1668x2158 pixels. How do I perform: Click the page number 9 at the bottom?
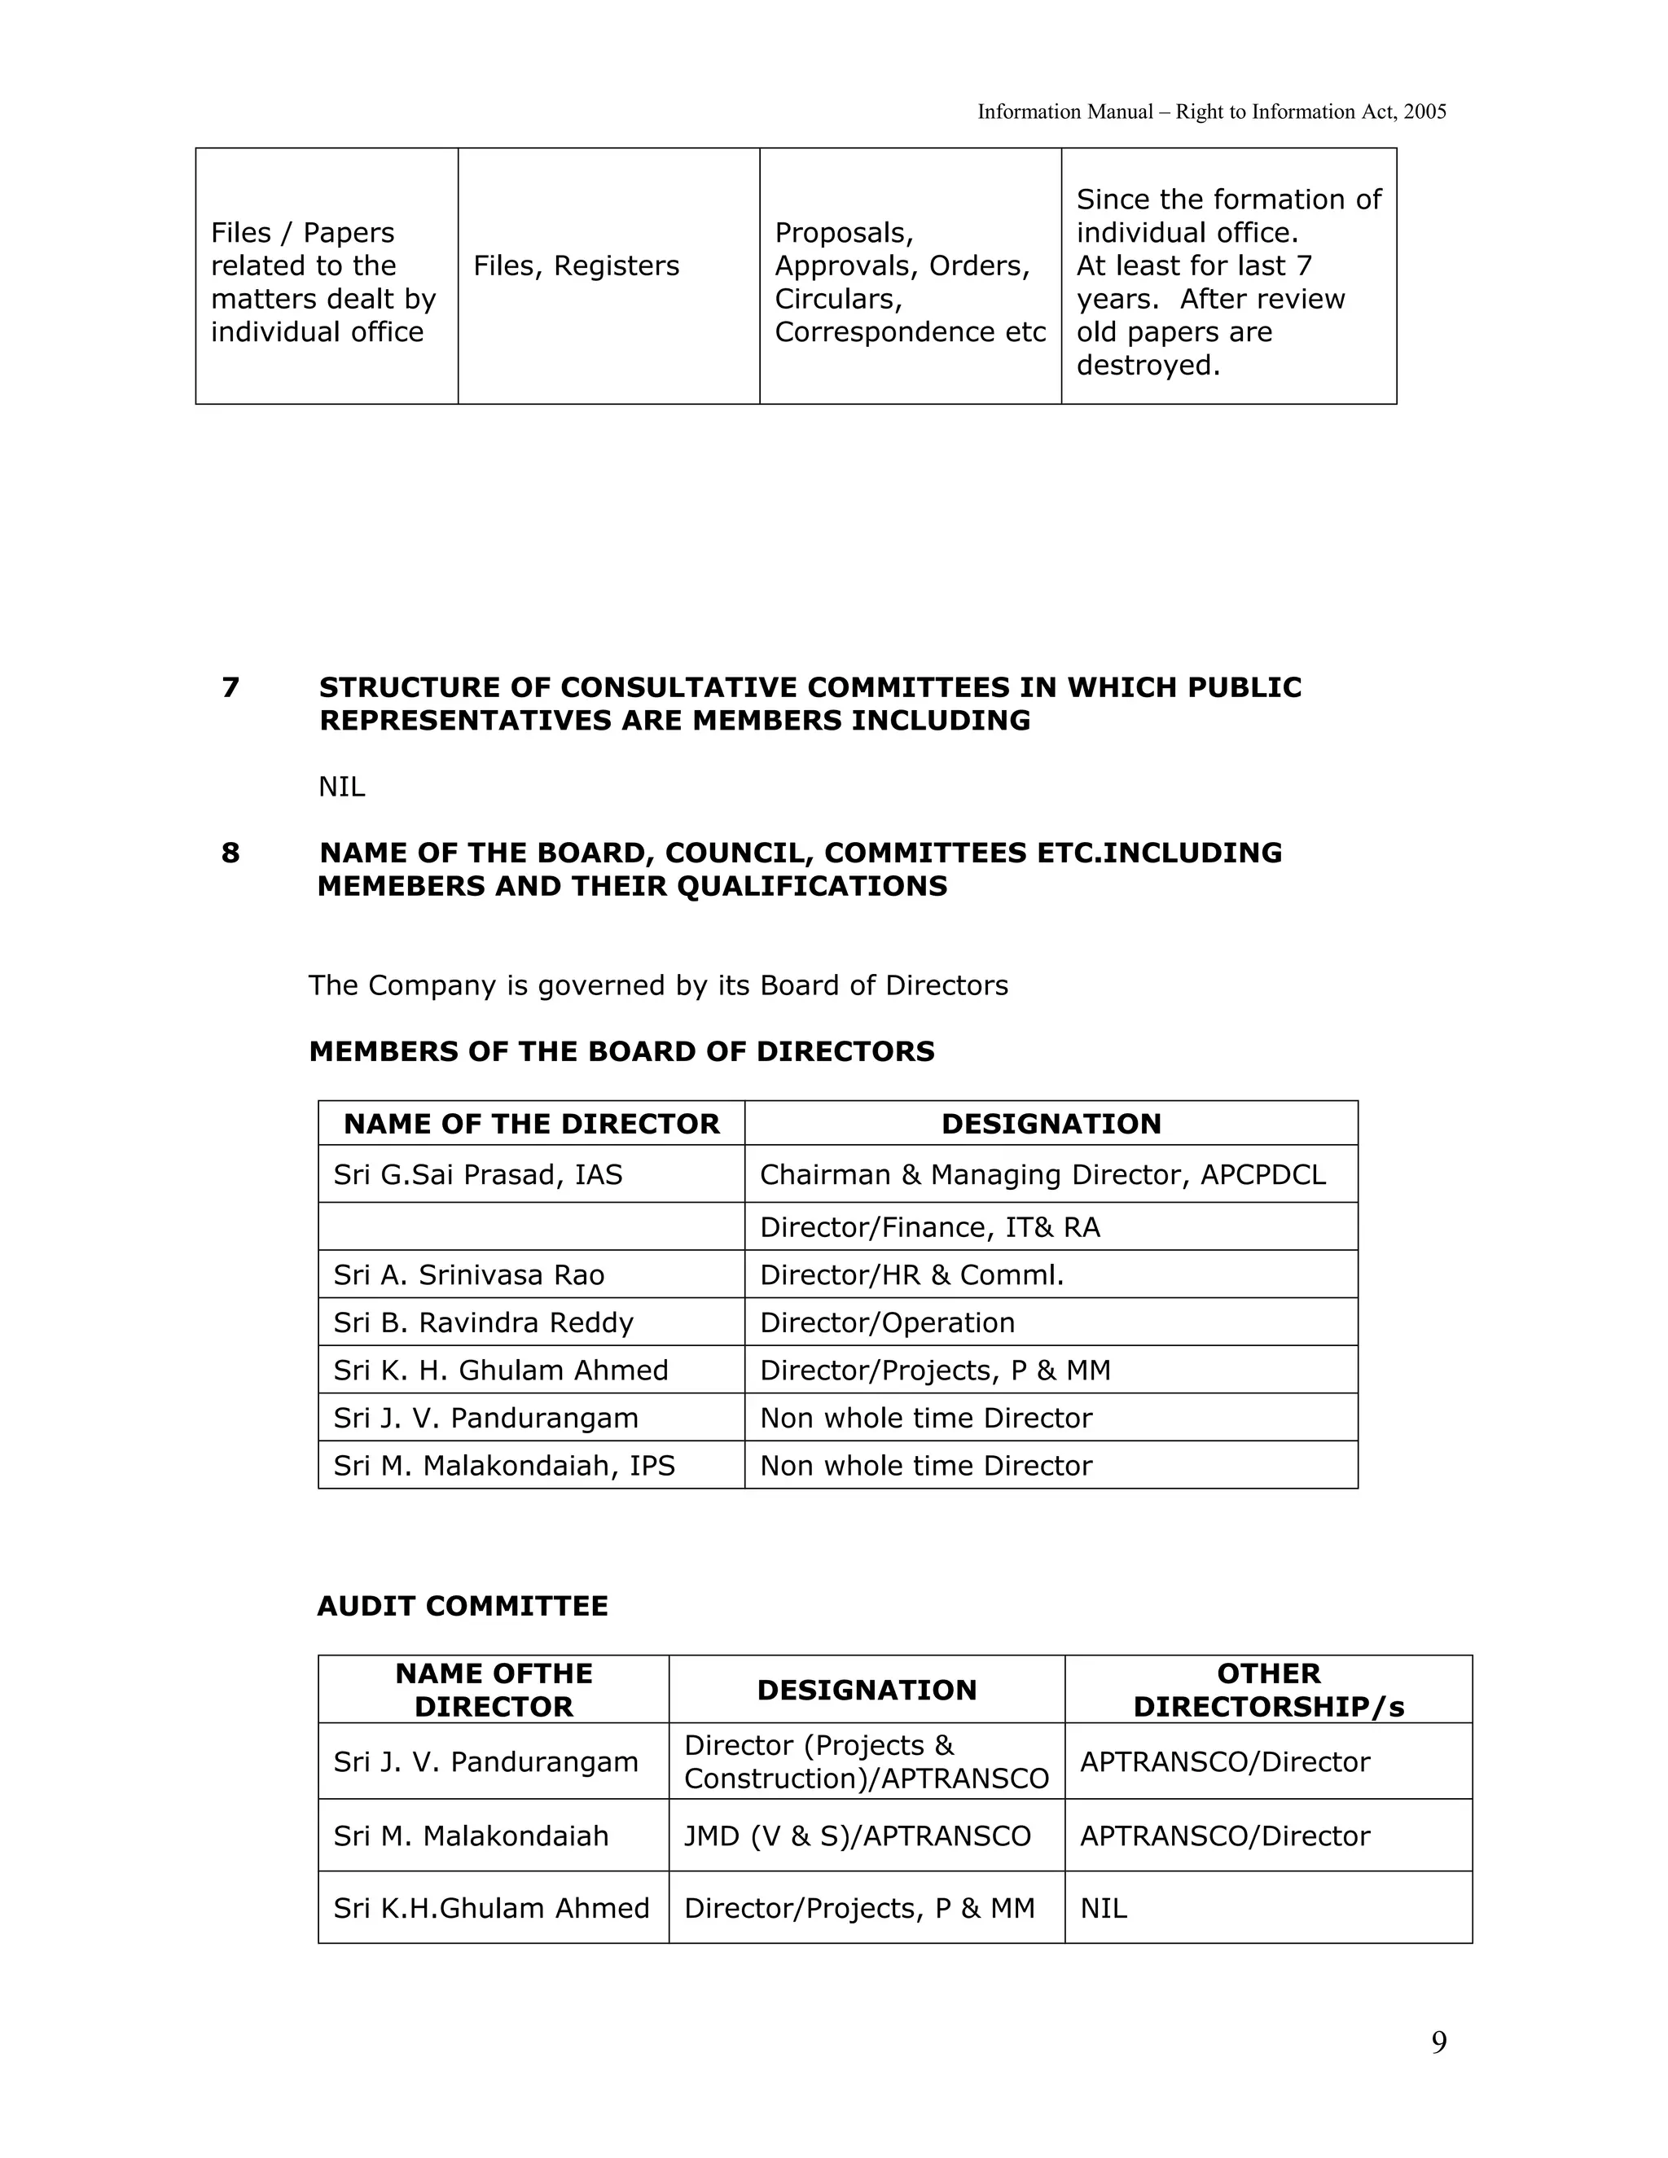pos(1439,2042)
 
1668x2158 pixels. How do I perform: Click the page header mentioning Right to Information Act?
pos(1211,112)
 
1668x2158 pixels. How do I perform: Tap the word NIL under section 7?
pos(341,787)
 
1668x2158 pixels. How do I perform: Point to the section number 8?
pos(230,853)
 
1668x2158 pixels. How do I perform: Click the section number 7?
pos(230,688)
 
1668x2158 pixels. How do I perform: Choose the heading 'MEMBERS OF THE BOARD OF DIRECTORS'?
pos(621,1051)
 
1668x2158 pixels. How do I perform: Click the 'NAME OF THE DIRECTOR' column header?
pos(532,1124)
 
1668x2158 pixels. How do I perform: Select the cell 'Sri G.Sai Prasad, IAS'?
pos(478,1175)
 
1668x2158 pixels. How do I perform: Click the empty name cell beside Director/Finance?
pos(532,1226)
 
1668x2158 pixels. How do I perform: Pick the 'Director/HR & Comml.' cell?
pos(911,1274)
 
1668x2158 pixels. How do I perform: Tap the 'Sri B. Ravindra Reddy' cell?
pos(483,1322)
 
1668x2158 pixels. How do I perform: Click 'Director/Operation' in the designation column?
pos(886,1322)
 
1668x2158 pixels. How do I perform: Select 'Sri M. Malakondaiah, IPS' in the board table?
pos(504,1465)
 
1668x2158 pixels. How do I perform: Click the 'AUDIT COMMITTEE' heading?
pos(463,1606)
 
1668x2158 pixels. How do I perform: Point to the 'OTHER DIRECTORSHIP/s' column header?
pos(1268,1690)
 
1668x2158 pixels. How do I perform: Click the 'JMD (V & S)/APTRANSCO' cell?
pos(857,1836)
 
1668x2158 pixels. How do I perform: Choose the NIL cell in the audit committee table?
pos(1103,1908)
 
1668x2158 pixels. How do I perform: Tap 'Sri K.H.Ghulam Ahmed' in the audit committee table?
pos(491,1908)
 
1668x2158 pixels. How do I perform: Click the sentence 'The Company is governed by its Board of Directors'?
pos(658,985)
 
